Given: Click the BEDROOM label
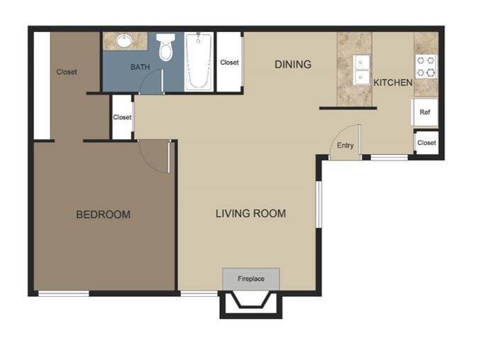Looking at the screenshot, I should pos(103,214).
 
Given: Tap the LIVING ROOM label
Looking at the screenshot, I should pos(250,213).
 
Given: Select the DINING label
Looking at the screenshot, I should pos(293,65).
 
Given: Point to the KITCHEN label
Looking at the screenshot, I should pos(392,82).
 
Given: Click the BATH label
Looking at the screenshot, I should pos(140,67).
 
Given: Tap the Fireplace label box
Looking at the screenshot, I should pos(250,279).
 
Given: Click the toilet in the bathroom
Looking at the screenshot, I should pos(166,48).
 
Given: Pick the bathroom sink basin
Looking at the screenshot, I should pos(125,40).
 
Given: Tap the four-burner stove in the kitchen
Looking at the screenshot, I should pos(426,66).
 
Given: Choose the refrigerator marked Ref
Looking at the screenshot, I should pos(425,113).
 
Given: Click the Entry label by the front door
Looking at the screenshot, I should pos(345,146).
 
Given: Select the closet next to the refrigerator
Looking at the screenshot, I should pos(426,143).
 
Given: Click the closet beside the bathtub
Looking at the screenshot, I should pos(229,62).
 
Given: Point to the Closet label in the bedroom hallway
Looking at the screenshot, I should pos(67,72).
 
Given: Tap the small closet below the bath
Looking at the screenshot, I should pos(122,117).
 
